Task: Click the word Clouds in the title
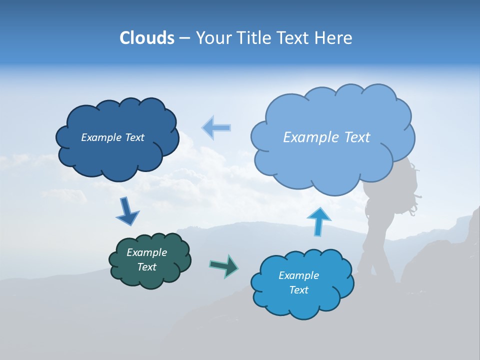pos(146,38)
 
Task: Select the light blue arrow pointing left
pos(216,128)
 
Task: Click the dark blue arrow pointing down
pos(127,211)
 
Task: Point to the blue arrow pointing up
pos(318,221)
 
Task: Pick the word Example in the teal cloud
pos(146,252)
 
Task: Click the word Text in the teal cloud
pos(146,267)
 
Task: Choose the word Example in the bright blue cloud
pos(298,275)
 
